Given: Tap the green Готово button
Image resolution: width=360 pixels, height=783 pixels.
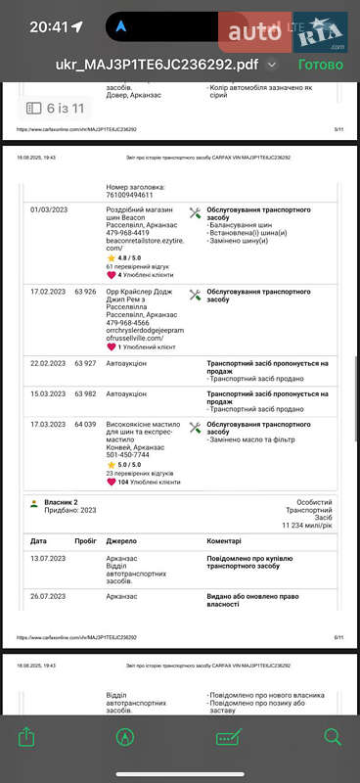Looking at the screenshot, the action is click(320, 65).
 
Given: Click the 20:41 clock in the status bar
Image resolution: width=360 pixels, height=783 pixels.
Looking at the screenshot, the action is click(49, 26).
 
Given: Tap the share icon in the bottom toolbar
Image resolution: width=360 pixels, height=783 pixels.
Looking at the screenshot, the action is click(26, 736).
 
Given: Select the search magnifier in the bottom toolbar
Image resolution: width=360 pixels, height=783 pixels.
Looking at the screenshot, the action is click(333, 736).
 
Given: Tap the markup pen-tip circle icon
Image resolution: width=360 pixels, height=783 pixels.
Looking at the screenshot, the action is click(125, 737).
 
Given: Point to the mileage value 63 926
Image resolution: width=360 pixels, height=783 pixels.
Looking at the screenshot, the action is click(85, 293).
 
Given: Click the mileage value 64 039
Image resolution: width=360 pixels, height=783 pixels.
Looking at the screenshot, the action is click(85, 425).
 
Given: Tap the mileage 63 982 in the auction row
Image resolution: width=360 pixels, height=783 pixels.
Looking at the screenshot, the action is click(85, 393).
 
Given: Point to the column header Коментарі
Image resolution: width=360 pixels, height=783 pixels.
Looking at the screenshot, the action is click(231, 540).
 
